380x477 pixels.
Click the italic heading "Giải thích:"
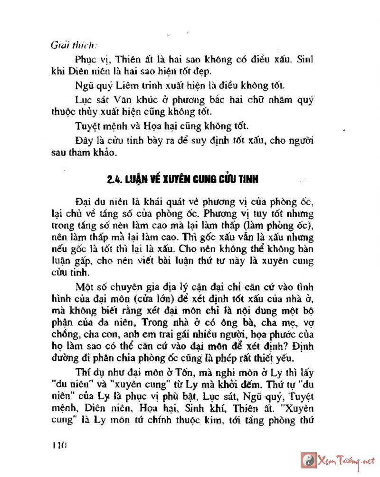(73, 46)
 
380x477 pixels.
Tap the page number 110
(59, 446)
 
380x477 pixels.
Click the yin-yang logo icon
(309, 460)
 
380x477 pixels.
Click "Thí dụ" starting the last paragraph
(86, 372)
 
